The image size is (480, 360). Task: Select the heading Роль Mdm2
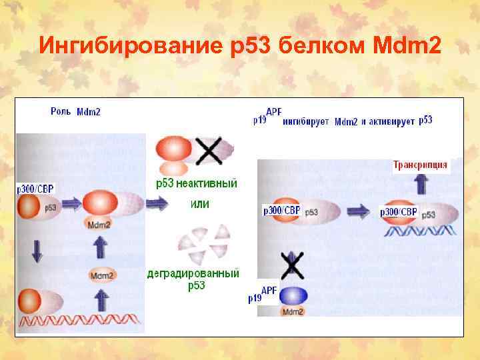tap(76, 111)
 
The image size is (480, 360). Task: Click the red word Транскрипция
tap(420, 165)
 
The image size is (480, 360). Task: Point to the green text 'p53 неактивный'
tap(196, 183)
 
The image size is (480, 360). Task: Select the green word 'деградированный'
tap(193, 273)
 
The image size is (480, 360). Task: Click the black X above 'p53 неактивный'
tap(210, 152)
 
